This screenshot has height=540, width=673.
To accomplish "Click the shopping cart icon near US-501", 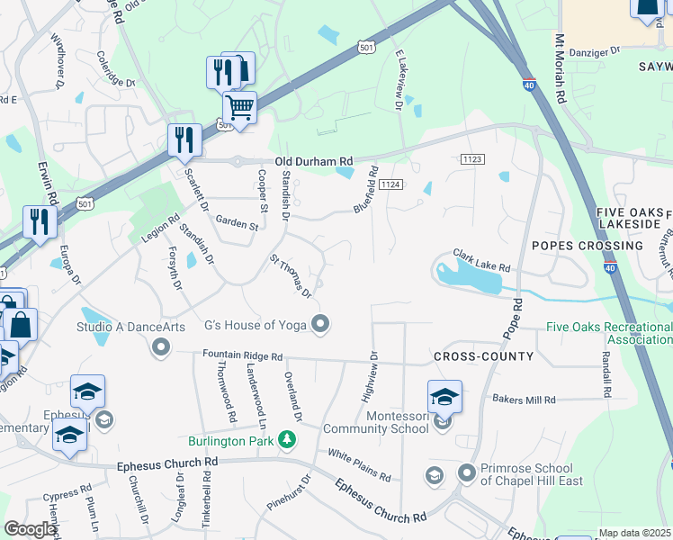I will [x=239, y=107].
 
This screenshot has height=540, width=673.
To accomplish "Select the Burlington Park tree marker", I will [x=287, y=440].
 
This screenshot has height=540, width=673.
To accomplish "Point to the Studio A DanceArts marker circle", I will [x=162, y=346].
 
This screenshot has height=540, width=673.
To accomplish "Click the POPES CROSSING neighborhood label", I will [x=587, y=245].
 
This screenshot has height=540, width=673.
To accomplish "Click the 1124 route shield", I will [x=389, y=184].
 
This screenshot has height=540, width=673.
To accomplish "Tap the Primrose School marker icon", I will [x=466, y=472].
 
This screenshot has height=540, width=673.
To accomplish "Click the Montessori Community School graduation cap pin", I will [x=444, y=396].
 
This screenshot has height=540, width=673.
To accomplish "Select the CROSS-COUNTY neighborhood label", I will [x=484, y=356].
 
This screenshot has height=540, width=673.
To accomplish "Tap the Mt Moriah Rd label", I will [x=560, y=69].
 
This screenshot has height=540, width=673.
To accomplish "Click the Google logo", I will [x=30, y=529].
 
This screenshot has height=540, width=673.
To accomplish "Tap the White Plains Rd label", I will [x=358, y=464].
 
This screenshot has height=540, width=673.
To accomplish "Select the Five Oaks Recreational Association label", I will [x=608, y=333].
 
